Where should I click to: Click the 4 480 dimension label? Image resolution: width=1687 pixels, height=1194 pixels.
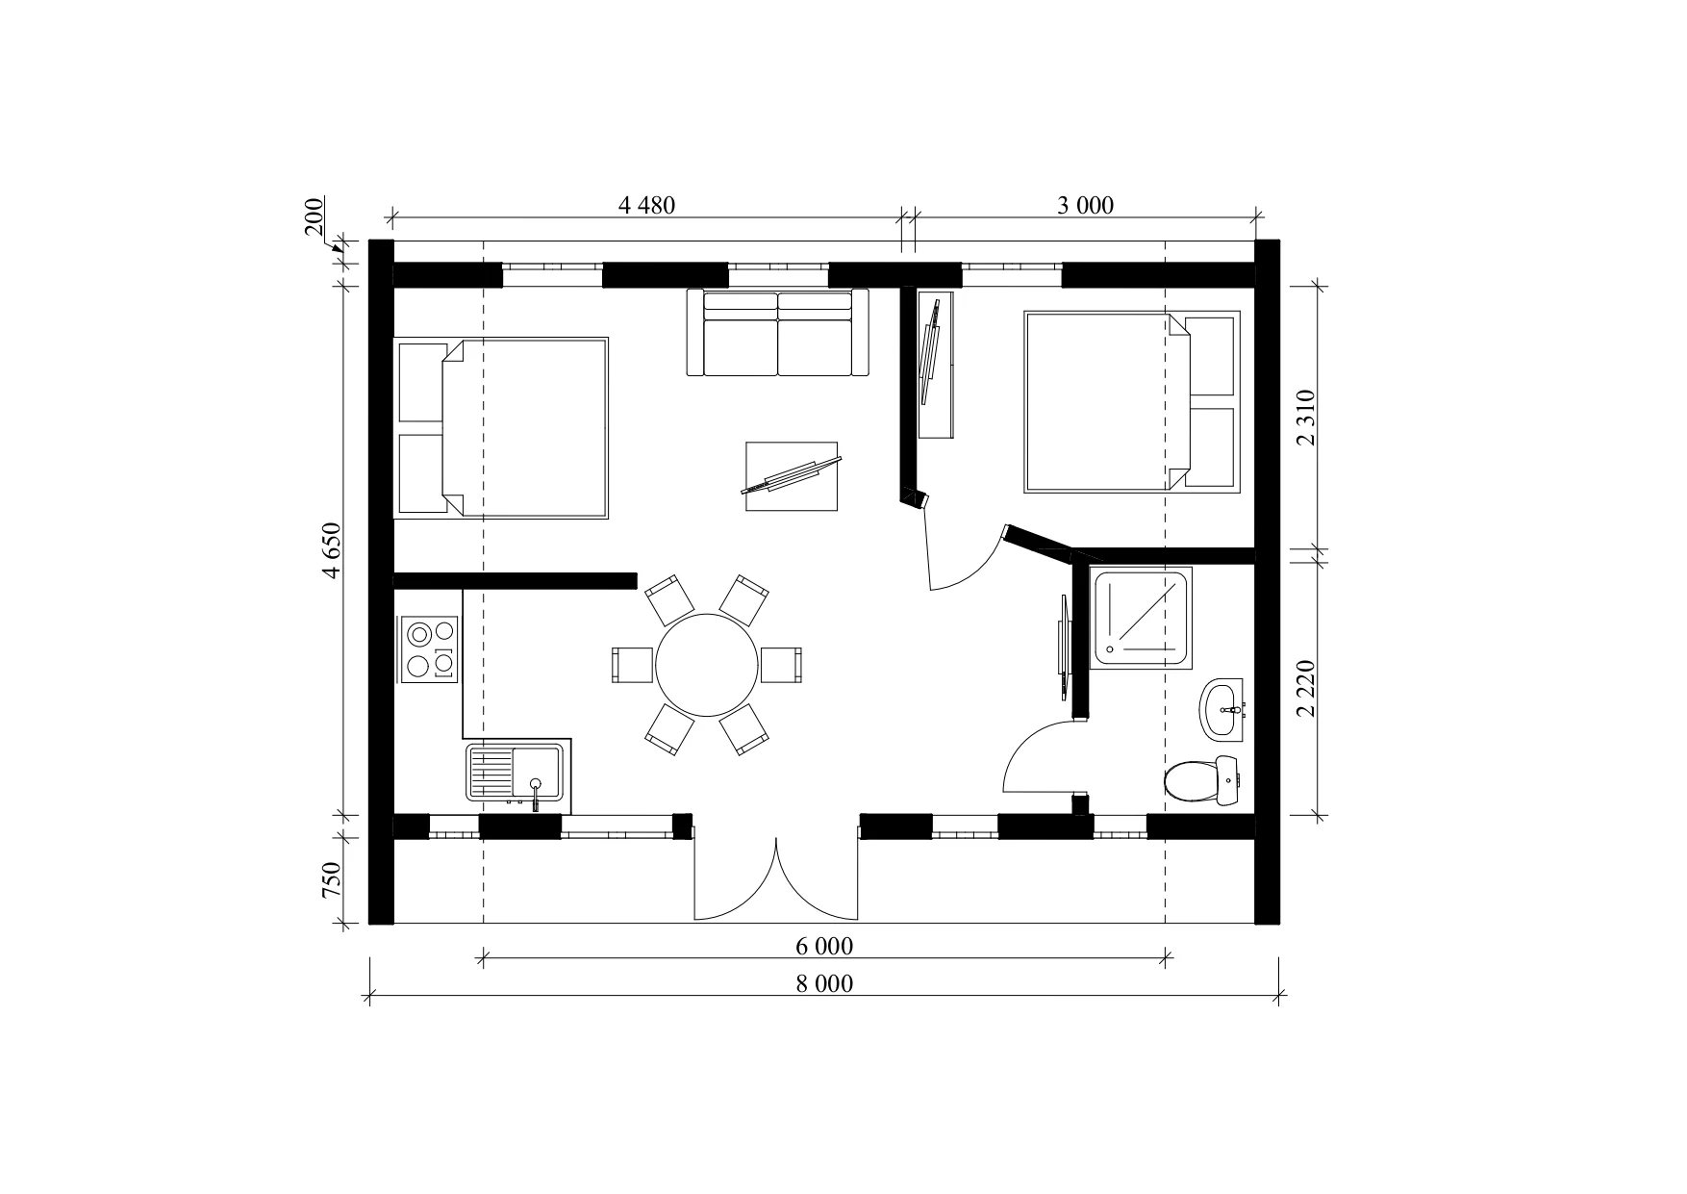[x=646, y=205]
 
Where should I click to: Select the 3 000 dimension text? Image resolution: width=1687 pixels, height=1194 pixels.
[x=1085, y=205]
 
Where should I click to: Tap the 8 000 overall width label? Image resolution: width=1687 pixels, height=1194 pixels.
[x=823, y=983]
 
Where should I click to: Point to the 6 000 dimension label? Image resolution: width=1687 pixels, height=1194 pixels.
[x=823, y=947]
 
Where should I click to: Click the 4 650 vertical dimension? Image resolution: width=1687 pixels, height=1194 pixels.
[x=333, y=550]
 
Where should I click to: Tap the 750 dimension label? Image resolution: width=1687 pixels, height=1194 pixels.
[x=333, y=879]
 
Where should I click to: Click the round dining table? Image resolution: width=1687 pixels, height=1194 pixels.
[x=707, y=665]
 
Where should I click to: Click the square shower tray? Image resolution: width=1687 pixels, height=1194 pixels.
[x=1143, y=618]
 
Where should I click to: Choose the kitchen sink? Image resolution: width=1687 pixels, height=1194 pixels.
[x=516, y=773]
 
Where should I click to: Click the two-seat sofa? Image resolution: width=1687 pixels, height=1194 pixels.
[x=778, y=333]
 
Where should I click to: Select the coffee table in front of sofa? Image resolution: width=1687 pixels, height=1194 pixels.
[x=792, y=477]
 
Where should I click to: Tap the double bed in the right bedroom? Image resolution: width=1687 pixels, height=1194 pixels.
[x=1131, y=401]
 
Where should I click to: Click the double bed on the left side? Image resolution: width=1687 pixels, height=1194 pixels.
[x=502, y=428]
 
